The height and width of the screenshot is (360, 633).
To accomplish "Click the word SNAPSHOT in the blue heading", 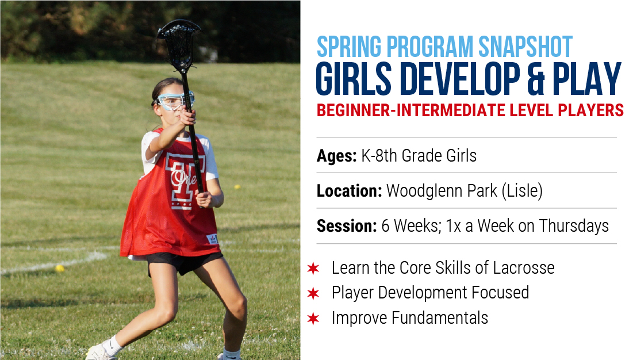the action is [525, 47].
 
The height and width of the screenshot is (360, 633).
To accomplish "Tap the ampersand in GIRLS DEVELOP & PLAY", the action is [536, 79].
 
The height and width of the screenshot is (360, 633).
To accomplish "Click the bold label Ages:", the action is [337, 156].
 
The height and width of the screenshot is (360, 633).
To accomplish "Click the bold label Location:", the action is [349, 191].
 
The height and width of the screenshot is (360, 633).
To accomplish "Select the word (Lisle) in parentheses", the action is [522, 191].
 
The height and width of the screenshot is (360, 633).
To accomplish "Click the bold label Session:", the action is [347, 226].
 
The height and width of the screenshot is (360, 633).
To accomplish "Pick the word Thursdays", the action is [574, 226].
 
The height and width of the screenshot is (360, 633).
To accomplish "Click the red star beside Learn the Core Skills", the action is [313, 268].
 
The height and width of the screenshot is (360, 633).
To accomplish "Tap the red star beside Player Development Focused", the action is [313, 293].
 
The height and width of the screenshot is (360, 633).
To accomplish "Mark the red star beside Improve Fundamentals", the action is [313, 319].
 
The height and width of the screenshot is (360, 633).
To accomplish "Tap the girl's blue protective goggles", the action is [174, 101].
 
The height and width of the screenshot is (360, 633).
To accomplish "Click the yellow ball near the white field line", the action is [60, 269].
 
